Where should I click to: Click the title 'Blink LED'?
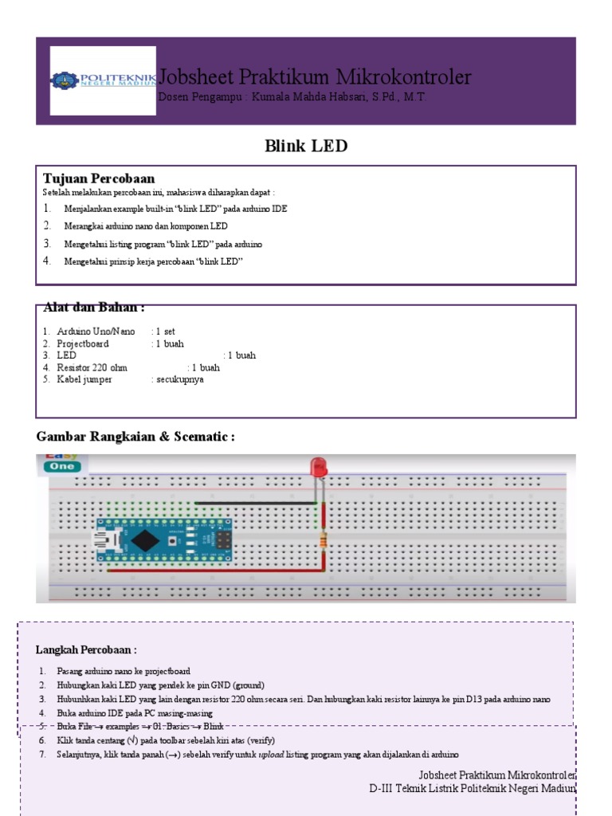pyautogui.click(x=306, y=147)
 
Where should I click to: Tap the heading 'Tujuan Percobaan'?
pyautogui.click(x=99, y=178)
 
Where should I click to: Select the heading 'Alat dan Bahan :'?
pyautogui.click(x=94, y=308)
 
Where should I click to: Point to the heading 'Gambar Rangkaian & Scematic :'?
pyautogui.click(x=135, y=437)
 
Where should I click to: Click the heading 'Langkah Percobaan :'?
pyautogui.click(x=86, y=650)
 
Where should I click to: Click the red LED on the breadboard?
pyautogui.click(x=319, y=468)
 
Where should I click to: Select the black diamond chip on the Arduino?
pyautogui.click(x=145, y=540)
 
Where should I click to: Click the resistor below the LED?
pyautogui.click(x=323, y=543)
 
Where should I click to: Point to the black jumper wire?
pyautogui.click(x=255, y=503)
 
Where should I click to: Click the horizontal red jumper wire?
pyautogui.click(x=215, y=571)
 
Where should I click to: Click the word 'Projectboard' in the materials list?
pyautogui.click(x=83, y=343)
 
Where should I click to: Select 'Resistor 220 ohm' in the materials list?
pyautogui.click(x=92, y=367)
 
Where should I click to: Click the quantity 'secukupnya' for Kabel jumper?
pyautogui.click(x=180, y=379)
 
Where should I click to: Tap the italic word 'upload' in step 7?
pyautogui.click(x=272, y=755)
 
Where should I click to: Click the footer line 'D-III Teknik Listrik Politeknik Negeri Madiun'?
pyautogui.click(x=472, y=788)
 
